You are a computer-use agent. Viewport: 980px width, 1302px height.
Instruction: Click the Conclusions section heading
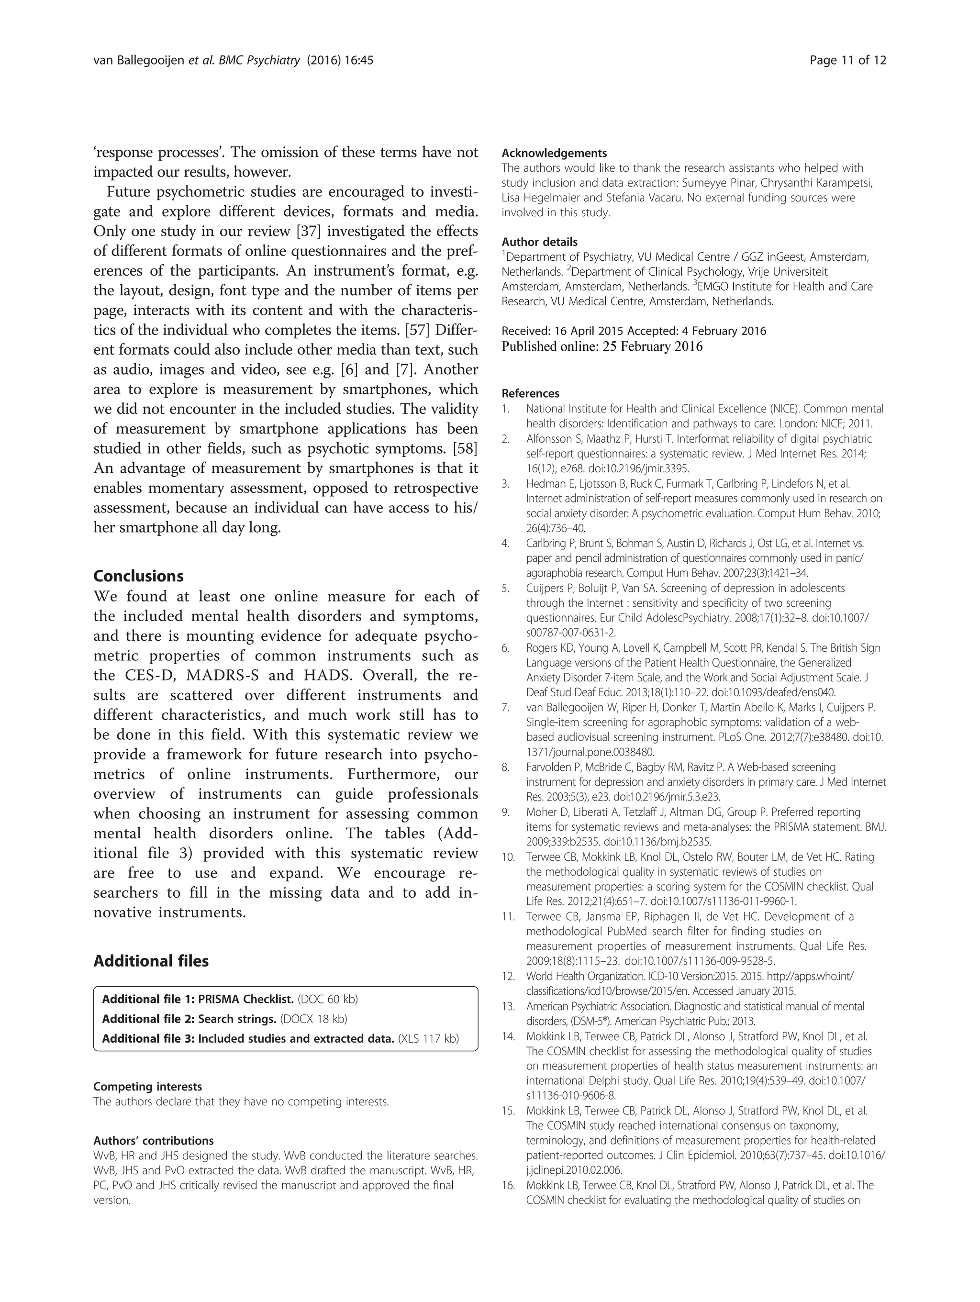point(138,576)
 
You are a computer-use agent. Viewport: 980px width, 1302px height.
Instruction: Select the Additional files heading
point(151,961)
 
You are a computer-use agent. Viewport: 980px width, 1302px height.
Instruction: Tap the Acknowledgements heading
point(554,154)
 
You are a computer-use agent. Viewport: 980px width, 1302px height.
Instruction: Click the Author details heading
point(539,242)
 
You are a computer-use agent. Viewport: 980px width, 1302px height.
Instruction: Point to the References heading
point(530,393)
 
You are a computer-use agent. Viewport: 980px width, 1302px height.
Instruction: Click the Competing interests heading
point(147,1087)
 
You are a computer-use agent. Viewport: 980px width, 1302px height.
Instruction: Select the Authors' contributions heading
point(153,1141)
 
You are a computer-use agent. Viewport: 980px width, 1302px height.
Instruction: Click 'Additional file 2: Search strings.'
point(189,1019)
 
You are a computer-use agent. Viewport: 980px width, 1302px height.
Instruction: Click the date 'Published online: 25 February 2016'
point(601,347)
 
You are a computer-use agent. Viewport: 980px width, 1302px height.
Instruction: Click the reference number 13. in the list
point(508,1006)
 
